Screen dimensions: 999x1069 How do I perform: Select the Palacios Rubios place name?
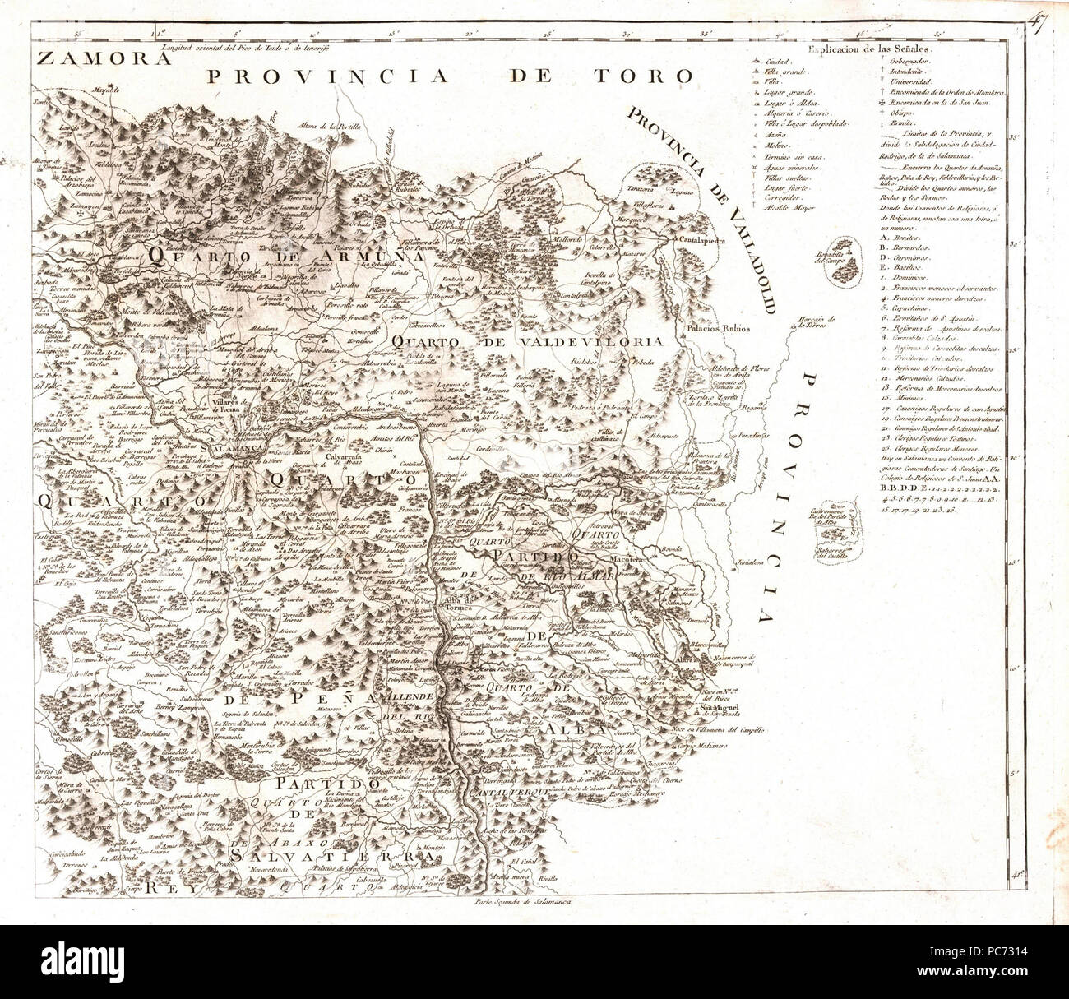[720, 328]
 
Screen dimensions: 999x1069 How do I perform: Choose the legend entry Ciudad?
[778, 62]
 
